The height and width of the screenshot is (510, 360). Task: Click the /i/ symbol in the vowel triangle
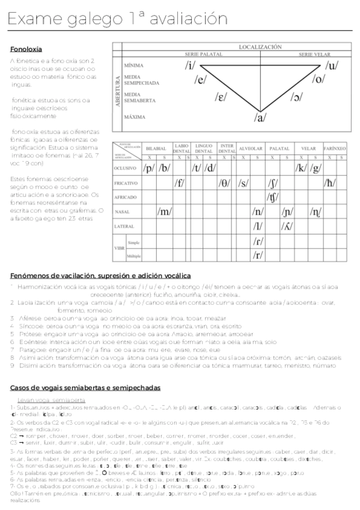pos(191,65)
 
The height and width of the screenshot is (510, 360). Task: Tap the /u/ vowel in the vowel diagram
pos(331,66)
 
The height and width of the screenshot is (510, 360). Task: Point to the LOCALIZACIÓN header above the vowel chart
pos(260,46)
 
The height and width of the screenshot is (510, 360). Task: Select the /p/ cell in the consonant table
pos(148,168)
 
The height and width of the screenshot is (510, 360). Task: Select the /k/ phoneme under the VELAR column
pos(301,168)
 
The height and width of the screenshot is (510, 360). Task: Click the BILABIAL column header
pos(156,147)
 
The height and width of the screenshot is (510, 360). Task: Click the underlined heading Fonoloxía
pos(26,49)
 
